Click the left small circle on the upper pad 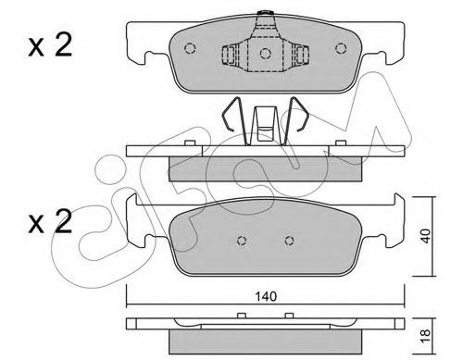(190, 50)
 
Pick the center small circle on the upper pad (265, 53)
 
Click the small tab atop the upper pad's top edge (265, 13)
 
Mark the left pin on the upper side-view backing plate (189, 143)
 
